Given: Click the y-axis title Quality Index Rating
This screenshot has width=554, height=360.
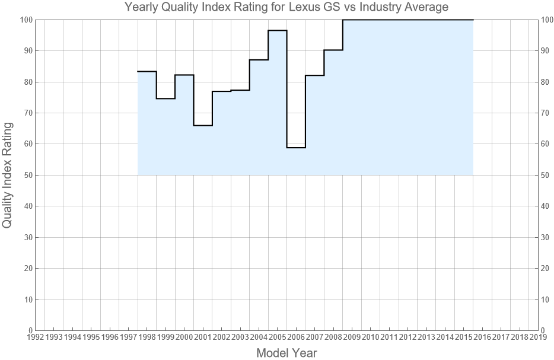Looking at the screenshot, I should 8,175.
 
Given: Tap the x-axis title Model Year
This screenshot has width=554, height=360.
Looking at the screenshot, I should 286,353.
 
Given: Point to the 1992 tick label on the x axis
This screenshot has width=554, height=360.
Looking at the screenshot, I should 35,337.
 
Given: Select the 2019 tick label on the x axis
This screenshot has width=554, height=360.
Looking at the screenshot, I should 538,337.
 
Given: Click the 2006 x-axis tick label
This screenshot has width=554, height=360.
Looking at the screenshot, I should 296,337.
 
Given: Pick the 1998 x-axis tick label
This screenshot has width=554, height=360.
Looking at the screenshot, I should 147,337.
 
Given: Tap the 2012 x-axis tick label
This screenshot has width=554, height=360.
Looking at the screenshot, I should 407,337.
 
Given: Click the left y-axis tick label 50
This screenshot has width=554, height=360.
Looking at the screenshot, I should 27,175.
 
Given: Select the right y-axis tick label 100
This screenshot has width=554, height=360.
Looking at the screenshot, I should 548,20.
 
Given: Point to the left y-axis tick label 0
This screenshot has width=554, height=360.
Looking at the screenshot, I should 29,330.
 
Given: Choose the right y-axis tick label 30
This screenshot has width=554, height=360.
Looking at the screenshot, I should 546,237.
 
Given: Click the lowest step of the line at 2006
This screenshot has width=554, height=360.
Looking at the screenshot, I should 296,147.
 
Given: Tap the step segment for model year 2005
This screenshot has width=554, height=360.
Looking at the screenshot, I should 278,30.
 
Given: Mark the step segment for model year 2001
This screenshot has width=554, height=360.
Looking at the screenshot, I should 203,125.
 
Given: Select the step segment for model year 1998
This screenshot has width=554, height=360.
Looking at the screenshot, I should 147,71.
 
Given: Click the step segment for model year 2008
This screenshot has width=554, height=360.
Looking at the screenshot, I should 333,50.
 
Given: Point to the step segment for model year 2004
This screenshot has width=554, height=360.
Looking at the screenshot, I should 259,60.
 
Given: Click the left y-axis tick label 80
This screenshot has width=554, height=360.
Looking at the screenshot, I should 27,82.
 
